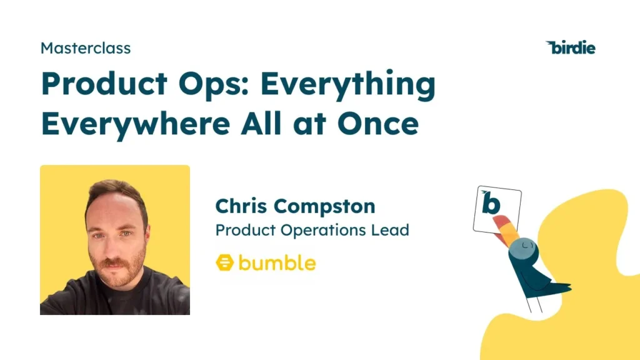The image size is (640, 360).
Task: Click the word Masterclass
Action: pyautogui.click(x=86, y=47)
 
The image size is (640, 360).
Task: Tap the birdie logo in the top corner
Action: pyautogui.click(x=571, y=47)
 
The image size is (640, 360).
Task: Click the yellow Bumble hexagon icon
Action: pyautogui.click(x=224, y=263)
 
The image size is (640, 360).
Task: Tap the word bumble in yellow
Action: pyautogui.click(x=277, y=262)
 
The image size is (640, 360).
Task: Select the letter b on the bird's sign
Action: pyautogui.click(x=491, y=204)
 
